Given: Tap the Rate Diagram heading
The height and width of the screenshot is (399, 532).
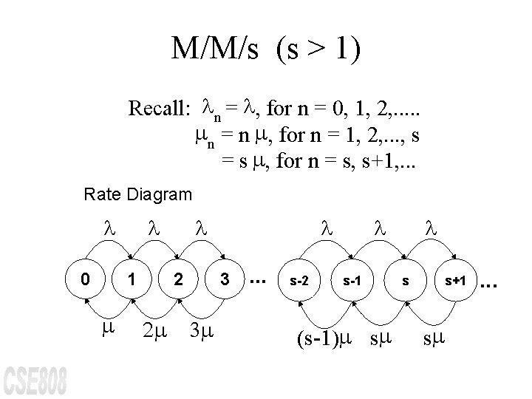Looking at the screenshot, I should tap(138, 195).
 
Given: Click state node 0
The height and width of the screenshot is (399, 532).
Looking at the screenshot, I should tap(86, 279).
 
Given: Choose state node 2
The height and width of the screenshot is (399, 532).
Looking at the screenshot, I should tap(178, 279).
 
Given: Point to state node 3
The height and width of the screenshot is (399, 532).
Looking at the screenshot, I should tap(223, 279).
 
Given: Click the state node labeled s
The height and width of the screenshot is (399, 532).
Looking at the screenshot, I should tap(405, 281).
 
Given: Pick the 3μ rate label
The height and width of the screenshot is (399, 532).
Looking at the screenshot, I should tap(201, 330).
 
